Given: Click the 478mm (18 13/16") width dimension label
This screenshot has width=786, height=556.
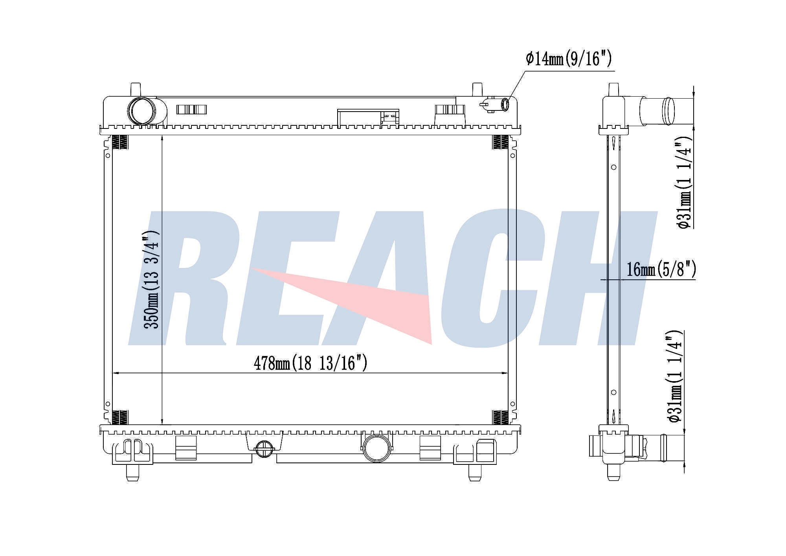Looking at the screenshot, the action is point(310,363).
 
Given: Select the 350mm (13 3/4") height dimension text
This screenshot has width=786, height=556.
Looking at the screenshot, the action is point(151,279).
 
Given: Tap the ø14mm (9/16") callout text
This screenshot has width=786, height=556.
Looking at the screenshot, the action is point(569,59).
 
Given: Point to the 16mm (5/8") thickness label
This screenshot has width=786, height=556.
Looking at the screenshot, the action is point(661,270).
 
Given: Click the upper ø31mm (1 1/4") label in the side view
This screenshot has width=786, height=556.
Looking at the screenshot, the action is point(683,182).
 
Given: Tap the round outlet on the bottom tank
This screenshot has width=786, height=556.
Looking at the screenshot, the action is point(376,448).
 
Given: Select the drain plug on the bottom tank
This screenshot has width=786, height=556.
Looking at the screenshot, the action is point(264,449).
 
